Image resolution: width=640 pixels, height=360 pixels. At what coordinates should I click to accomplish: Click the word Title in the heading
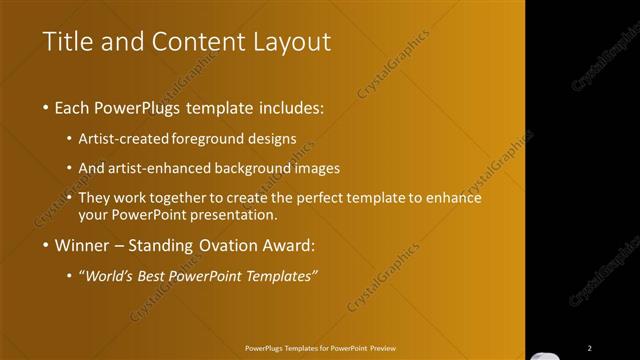pos(67,42)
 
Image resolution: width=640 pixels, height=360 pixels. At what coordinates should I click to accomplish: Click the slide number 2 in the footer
pos(590,348)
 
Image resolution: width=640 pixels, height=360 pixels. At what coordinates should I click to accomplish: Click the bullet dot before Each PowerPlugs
pos(48,108)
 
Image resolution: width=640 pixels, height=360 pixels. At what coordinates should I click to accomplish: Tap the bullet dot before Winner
pos(48,244)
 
